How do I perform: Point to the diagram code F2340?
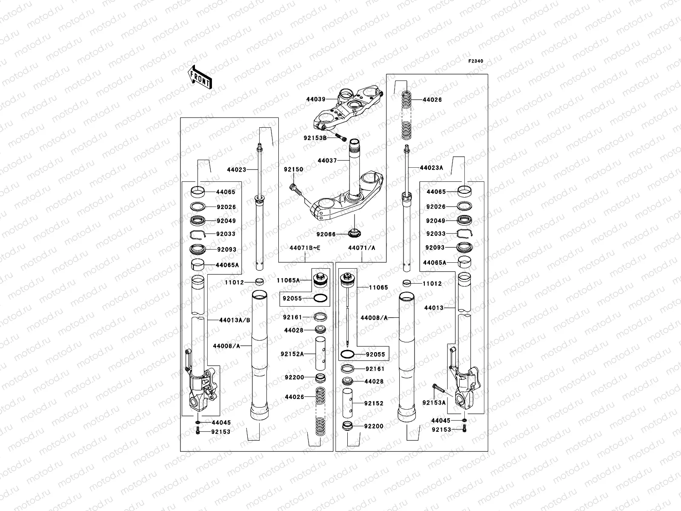coord(476,61)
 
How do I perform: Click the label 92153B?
coord(315,138)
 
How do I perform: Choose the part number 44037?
coord(327,161)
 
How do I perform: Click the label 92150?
coord(294,169)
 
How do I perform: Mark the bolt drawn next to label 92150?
coord(297,190)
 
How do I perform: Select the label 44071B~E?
coord(305,248)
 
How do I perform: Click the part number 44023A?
coord(431,168)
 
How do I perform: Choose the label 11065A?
coord(288,280)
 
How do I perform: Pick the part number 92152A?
coord(292,354)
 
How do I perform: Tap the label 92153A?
coord(434,402)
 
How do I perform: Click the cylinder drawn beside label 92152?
coord(348,402)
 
